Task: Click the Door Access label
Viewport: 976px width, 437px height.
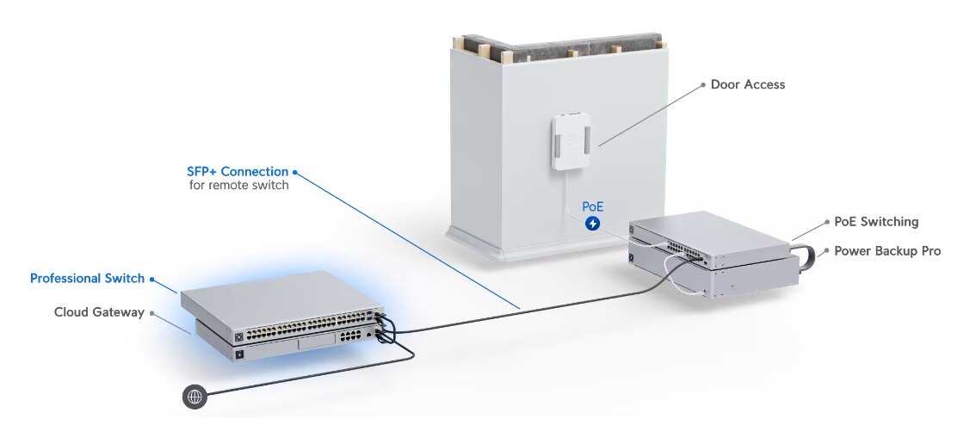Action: (747, 84)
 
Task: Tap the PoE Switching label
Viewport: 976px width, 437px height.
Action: (876, 221)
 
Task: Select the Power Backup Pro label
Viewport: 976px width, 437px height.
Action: (887, 251)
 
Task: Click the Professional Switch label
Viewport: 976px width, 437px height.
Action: (87, 279)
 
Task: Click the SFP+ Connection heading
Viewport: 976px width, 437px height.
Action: (238, 171)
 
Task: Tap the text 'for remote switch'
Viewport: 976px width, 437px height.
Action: (238, 185)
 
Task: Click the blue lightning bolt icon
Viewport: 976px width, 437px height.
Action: (592, 225)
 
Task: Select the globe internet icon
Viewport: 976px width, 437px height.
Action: (195, 397)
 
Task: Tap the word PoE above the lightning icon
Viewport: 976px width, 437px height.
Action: (592, 206)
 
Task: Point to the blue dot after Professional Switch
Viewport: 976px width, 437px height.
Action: (152, 279)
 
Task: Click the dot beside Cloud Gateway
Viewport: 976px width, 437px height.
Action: (152, 312)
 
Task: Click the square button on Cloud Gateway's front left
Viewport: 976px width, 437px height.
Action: (238, 354)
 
